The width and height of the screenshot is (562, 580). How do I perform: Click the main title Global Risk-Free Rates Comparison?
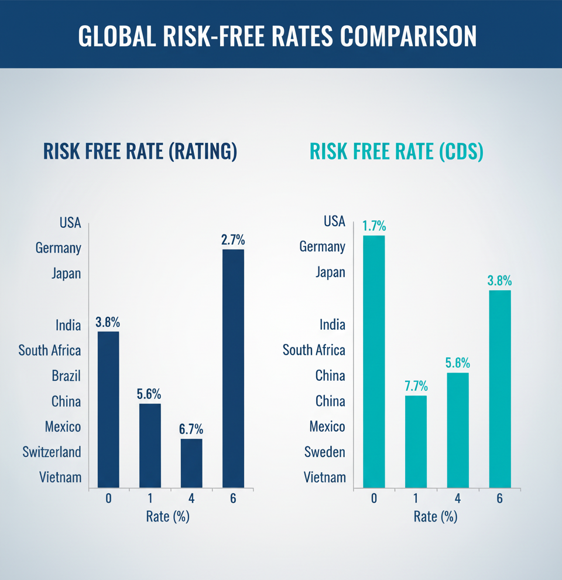point(277,35)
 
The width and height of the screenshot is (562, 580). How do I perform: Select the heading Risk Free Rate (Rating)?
point(140,151)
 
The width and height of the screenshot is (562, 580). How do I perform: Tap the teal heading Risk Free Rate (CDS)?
point(396,151)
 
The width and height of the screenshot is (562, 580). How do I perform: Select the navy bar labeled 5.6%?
point(149,445)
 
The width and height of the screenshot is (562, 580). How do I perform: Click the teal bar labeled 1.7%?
point(373,361)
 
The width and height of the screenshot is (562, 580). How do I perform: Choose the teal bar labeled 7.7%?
point(416,441)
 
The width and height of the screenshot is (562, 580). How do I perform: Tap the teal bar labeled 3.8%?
point(499,388)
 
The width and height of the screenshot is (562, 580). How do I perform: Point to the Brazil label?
point(66,376)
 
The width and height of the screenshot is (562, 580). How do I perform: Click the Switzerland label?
point(52,452)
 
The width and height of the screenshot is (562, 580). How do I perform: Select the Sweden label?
point(324,452)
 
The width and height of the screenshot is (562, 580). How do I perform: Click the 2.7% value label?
point(233,240)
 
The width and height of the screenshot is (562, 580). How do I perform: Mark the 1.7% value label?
point(373,226)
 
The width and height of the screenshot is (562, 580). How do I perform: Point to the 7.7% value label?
point(416,386)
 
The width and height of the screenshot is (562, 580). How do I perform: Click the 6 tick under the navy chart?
point(233,498)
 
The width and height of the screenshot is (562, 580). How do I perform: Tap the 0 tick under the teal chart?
point(373,498)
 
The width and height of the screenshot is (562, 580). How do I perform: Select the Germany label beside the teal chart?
point(322,247)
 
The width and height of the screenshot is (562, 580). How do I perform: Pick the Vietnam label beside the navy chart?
point(60,477)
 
